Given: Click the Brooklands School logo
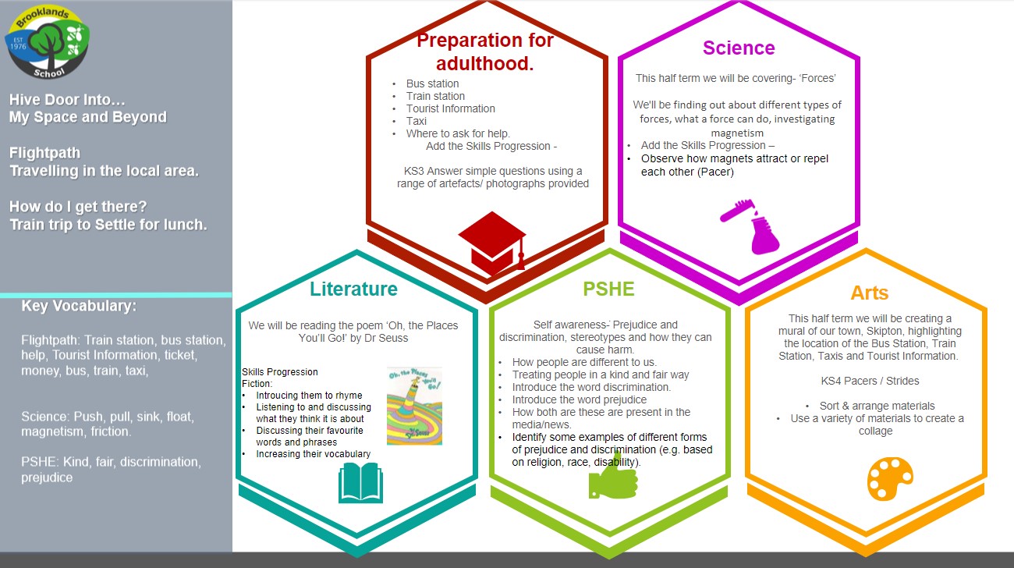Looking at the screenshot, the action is pos(47,41).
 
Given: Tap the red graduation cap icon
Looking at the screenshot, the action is pos(492,243).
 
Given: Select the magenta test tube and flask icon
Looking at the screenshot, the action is pos(750,226).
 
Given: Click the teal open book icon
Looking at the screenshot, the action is pos(361,483).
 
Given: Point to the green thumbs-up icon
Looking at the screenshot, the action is pos(613,477).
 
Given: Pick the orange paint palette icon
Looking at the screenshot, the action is pos(890,478).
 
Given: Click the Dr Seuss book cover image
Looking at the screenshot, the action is pos(414,406).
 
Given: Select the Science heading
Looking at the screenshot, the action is pos(739,48).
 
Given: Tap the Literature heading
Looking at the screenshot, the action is pos(353,289).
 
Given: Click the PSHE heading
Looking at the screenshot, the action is pos(608,289).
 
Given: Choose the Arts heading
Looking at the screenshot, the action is pos(870,293).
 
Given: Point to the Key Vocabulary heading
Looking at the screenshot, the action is pos(79,306).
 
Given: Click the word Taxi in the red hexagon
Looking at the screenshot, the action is pos(417,122).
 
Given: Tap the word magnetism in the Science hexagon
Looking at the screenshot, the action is pos(737,133).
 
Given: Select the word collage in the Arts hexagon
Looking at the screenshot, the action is pos(875,431).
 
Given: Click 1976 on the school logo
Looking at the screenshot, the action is pos(18,46).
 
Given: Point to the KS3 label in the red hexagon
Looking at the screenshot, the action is pos(413,171).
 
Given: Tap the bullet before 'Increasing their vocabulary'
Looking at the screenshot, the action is pos(243,454).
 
